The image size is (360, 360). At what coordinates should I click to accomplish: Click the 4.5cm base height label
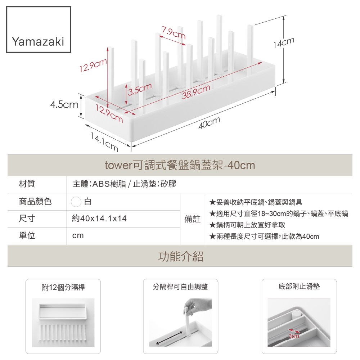[64, 105]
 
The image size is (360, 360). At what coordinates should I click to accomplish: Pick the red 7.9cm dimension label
[174, 33]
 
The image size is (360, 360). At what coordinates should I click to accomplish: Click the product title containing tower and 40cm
[180, 165]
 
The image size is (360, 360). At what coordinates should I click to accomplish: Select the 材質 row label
[27, 184]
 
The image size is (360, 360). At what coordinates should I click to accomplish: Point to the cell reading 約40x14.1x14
[99, 219]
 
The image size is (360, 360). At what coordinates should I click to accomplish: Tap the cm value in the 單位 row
[78, 236]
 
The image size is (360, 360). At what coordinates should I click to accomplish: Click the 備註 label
[193, 219]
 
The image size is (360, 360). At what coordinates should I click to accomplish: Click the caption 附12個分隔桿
[63, 287]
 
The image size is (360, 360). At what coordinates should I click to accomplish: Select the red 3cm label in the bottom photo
[294, 336]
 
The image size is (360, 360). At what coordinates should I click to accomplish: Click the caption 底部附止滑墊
[299, 287]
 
